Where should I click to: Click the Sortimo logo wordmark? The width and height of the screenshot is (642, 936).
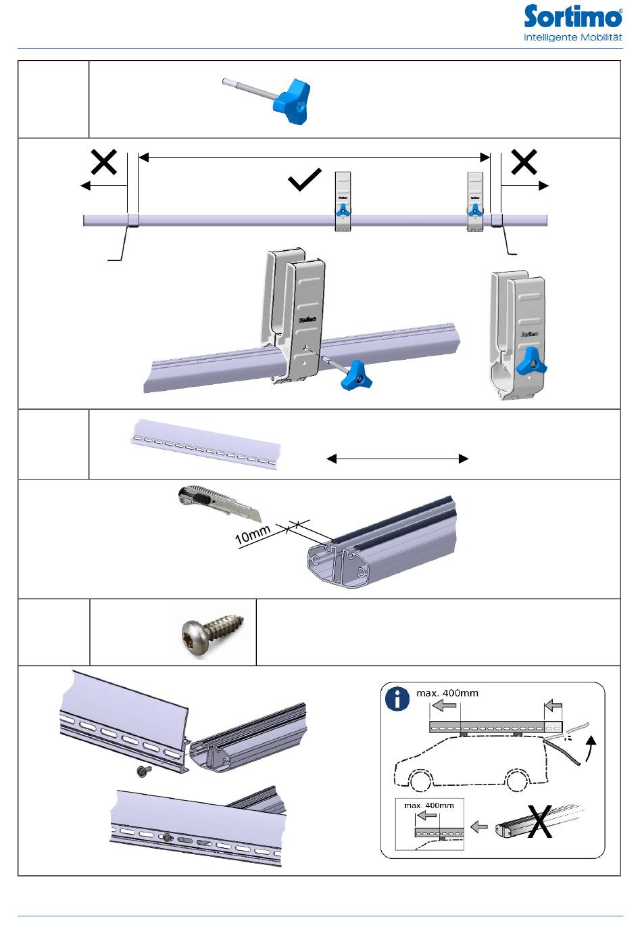[x=572, y=16]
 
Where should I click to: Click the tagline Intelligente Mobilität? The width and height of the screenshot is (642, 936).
[x=572, y=37]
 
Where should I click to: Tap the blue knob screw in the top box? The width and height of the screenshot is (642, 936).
[x=266, y=101]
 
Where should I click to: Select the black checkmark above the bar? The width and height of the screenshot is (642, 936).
[x=305, y=180]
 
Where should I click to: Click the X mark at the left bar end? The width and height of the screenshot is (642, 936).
[x=104, y=162]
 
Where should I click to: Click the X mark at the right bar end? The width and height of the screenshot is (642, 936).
[x=524, y=161]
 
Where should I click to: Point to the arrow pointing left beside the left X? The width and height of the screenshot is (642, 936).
[x=104, y=185]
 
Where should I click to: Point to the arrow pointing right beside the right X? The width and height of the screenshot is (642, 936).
[x=524, y=185]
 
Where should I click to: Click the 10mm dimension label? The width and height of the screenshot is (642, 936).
[x=253, y=534]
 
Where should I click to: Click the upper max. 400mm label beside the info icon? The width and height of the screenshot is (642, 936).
[x=447, y=693]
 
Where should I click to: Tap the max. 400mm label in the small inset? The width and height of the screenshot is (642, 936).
[x=428, y=805]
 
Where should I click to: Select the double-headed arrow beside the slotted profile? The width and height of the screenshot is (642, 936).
[x=397, y=459]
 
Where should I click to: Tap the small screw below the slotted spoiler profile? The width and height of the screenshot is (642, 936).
[x=144, y=772]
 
